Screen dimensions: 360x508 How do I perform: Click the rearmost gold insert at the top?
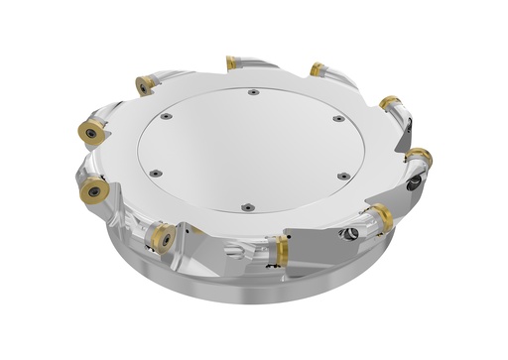(x=231, y=62)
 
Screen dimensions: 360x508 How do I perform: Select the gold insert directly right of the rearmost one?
(x=317, y=69)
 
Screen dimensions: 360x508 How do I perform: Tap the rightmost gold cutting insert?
(x=419, y=157)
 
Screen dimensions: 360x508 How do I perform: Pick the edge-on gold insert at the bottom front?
(x=283, y=250)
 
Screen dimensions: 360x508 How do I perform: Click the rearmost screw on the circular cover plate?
(x=254, y=92)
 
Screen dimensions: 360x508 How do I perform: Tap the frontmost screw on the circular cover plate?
(x=247, y=207)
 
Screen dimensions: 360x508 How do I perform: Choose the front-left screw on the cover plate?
(x=156, y=173)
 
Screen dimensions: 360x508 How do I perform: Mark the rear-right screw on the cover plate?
(x=337, y=118)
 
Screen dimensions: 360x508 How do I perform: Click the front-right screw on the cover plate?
(x=343, y=176)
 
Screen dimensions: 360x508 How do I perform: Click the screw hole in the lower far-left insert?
(x=93, y=188)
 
